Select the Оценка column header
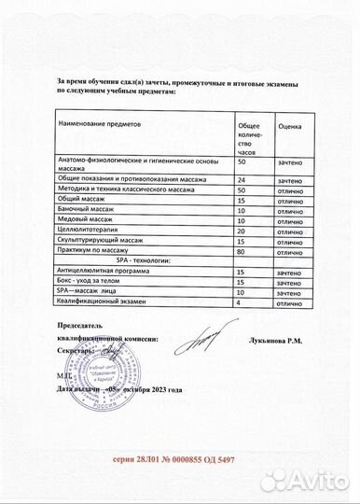[x=289, y=124]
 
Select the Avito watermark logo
[x=305, y=481]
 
